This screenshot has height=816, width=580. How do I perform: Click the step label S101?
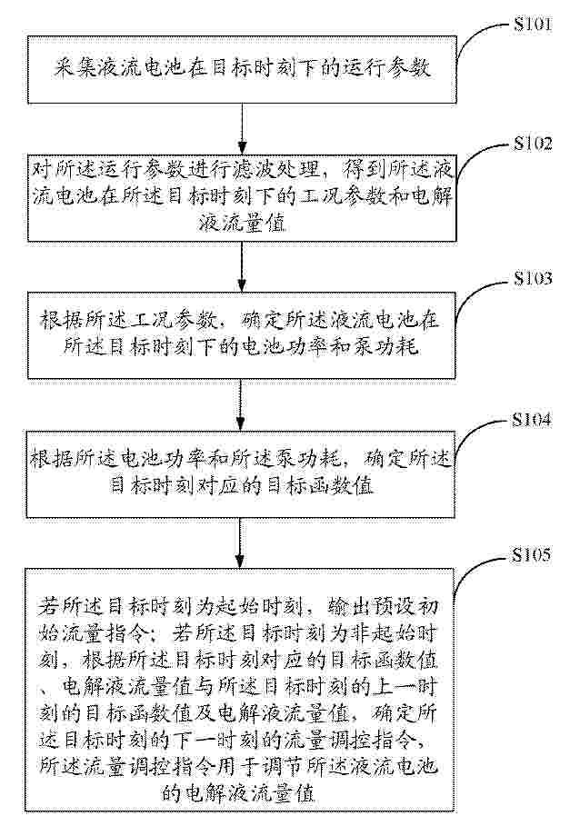click(532, 25)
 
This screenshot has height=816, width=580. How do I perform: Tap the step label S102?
click(532, 143)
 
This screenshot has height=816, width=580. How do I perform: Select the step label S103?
click(532, 278)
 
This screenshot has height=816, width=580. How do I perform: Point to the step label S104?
click(531, 419)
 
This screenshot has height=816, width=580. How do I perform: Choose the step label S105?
click(531, 554)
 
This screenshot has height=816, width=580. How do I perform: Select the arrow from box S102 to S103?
click(242, 266)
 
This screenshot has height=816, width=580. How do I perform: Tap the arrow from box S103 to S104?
click(240, 404)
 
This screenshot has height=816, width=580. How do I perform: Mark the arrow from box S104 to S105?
click(239, 542)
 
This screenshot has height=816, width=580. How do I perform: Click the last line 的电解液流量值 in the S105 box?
click(238, 792)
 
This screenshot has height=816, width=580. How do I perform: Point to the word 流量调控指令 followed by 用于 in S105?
click(127, 767)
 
